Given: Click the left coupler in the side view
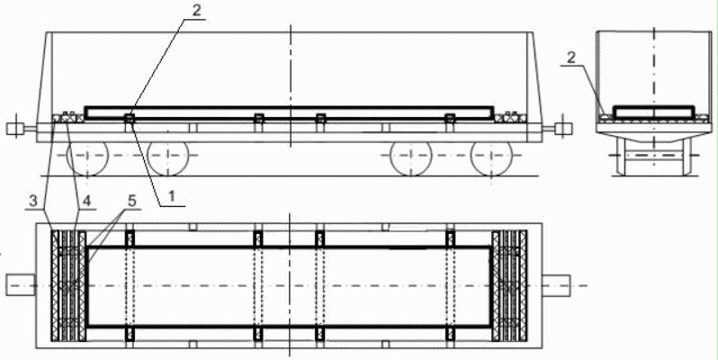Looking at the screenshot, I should (x=15, y=129).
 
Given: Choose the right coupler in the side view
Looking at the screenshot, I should (x=564, y=129).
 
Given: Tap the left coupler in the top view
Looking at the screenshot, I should (x=20, y=285).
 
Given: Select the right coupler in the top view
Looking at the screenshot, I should (x=558, y=285).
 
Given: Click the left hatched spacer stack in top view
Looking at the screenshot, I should (x=67, y=285).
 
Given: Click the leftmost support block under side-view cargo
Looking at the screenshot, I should (x=130, y=119).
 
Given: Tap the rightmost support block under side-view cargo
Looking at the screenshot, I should (x=449, y=119).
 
